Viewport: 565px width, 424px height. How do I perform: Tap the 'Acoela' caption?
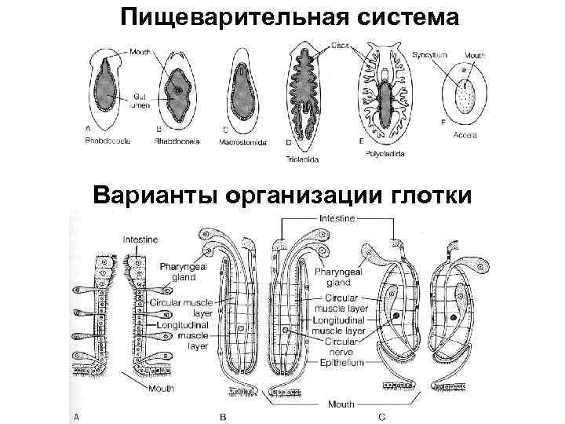465,136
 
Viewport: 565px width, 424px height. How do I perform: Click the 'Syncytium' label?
432,57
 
